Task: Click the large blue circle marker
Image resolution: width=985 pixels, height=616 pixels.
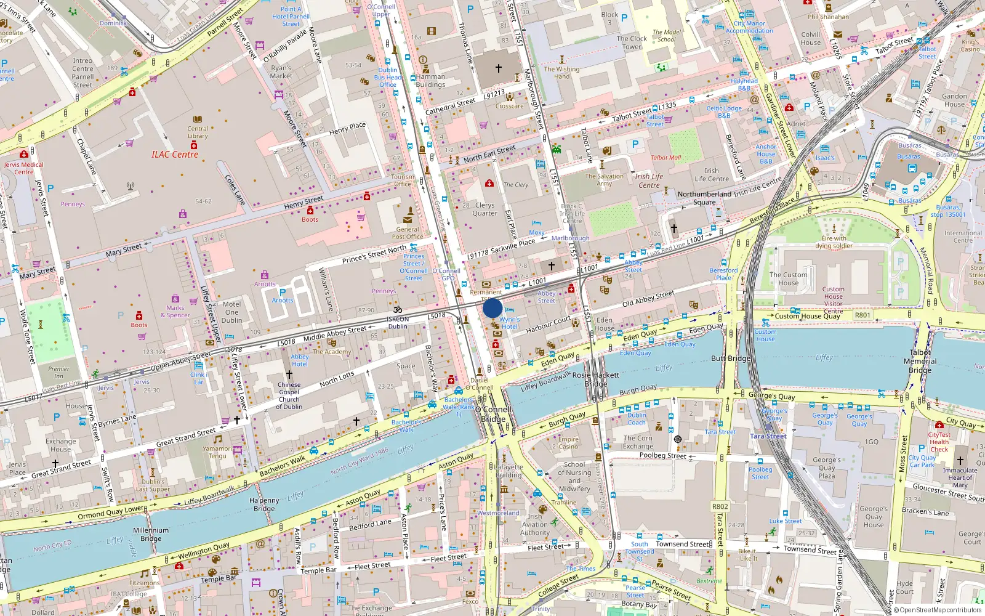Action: pyautogui.click(x=492, y=308)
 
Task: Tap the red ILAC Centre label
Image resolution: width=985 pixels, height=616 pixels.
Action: pyautogui.click(x=175, y=155)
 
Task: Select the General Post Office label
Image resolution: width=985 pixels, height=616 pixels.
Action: pyautogui.click(x=407, y=233)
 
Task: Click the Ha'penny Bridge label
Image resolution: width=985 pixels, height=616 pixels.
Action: pyautogui.click(x=264, y=505)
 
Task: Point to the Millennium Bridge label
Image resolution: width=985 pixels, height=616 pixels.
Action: pyautogui.click(x=151, y=534)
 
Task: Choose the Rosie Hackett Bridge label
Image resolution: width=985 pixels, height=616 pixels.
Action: pyautogui.click(x=596, y=379)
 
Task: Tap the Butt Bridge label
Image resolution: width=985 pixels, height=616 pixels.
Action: pyautogui.click(x=731, y=359)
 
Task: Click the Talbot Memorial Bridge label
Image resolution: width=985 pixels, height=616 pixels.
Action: pyautogui.click(x=920, y=362)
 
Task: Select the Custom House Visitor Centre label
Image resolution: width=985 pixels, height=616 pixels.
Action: pyautogui.click(x=834, y=300)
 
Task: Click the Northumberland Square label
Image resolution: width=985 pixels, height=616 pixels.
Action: pyautogui.click(x=704, y=198)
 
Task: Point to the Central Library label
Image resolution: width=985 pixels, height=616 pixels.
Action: pyautogui.click(x=198, y=132)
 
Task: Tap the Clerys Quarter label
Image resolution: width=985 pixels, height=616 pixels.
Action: pyautogui.click(x=484, y=209)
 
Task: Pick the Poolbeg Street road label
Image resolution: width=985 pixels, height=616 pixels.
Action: pyautogui.click(x=662, y=455)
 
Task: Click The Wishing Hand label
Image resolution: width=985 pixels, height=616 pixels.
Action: pyautogui.click(x=561, y=73)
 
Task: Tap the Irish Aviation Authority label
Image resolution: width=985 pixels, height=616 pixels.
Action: pyautogui.click(x=535, y=524)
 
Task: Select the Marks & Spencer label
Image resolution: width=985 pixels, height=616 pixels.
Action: pyautogui.click(x=175, y=311)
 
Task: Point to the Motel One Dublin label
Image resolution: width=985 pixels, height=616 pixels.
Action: pyautogui.click(x=231, y=312)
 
